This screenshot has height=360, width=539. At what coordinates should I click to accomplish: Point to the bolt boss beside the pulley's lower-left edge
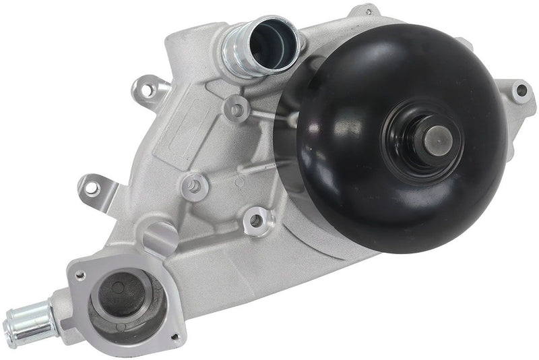255,218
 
